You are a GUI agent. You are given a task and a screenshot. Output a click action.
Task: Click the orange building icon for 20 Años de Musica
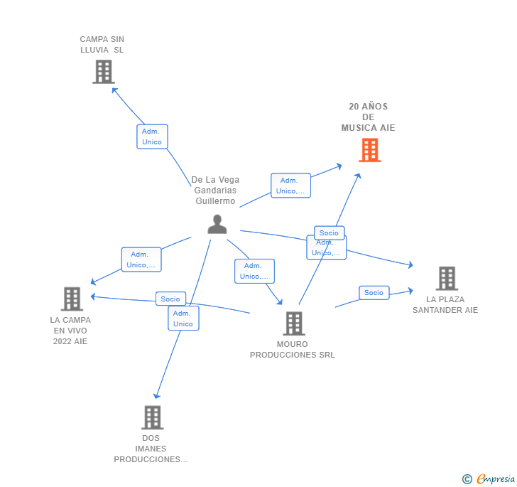click(369, 150)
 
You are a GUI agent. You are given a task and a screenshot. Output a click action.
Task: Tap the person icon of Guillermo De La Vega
click(217, 224)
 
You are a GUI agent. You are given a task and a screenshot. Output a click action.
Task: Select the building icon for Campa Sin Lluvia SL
click(104, 72)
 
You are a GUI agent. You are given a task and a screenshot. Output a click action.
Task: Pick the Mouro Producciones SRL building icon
click(293, 323)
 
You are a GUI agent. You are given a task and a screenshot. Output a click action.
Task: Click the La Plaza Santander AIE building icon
click(447, 279)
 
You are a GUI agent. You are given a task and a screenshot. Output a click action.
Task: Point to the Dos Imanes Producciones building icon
click(152, 417)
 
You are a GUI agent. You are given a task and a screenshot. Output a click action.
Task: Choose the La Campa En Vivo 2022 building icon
click(72, 299)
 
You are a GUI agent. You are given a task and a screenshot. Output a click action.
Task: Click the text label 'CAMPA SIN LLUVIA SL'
click(102, 45)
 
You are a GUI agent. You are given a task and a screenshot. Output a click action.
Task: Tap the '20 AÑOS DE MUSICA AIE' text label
click(368, 117)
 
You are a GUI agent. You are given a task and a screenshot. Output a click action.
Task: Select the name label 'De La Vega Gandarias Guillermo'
click(216, 191)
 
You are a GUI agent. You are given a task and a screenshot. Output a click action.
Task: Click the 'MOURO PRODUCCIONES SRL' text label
click(293, 350)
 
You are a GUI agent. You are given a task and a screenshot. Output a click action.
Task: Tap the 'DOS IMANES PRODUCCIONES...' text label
click(151, 449)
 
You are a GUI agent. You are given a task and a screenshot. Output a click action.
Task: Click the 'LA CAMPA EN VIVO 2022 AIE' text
click(70, 331)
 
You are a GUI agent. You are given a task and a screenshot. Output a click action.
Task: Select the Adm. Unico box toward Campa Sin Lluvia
click(152, 137)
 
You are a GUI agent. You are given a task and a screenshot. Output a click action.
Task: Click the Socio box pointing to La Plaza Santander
click(374, 293)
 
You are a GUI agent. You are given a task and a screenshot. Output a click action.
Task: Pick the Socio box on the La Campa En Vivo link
click(170, 299)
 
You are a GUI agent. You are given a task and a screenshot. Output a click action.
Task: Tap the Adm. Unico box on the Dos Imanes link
click(183, 319)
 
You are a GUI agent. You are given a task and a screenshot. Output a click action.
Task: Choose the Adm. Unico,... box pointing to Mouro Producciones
click(254, 271)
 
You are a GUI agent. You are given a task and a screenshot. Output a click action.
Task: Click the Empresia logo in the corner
click(490, 478)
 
